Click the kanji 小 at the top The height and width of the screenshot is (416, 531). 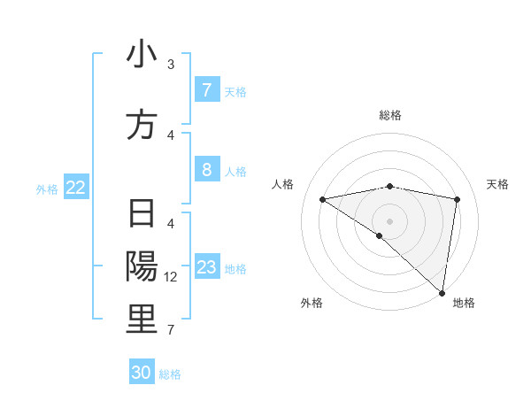[x=142, y=55]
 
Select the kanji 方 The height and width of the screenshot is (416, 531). [x=142, y=125]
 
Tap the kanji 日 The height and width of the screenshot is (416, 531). [x=142, y=215]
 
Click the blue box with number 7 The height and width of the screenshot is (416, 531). [x=206, y=90]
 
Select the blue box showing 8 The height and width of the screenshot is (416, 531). [x=206, y=170]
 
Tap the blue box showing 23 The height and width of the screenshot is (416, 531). [x=206, y=267]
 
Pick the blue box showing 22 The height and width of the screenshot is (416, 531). [x=76, y=188]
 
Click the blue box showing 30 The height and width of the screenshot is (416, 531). [x=142, y=373]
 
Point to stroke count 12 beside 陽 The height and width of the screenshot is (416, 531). [x=172, y=277]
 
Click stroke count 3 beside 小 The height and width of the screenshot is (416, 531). [x=171, y=65]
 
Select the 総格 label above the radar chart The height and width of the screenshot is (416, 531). [x=390, y=115]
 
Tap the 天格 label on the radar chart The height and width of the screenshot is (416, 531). [x=498, y=184]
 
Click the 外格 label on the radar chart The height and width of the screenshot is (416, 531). [x=312, y=303]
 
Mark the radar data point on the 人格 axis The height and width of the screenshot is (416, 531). [x=323, y=199]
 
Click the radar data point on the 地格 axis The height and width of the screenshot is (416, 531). [x=442, y=292]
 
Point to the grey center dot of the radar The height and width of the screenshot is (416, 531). [x=390, y=220]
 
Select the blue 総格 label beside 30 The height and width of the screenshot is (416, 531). [x=170, y=374]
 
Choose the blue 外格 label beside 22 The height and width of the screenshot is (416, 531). [x=47, y=189]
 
